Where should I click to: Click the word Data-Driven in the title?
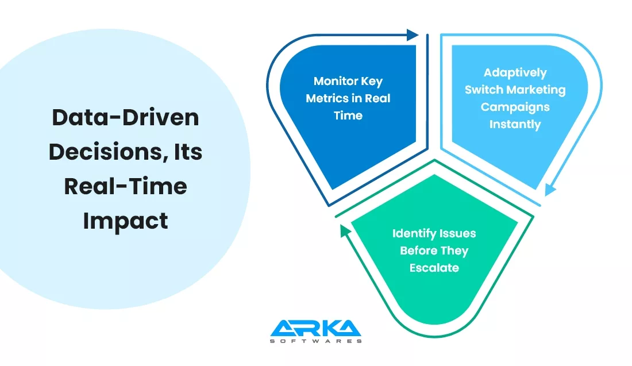coord(125,117)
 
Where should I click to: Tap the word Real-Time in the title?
coord(125,186)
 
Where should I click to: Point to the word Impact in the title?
coord(125,221)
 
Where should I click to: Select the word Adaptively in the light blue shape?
coord(515,73)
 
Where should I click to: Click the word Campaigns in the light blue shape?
coord(515,107)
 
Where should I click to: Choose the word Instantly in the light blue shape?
coord(515,124)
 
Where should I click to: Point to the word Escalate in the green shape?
coord(434,268)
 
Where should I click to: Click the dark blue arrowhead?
coord(413,35)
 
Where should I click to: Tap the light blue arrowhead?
coord(550,190)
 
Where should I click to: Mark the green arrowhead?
coord(345,231)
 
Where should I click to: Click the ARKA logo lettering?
coord(315,329)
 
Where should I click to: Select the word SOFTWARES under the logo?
coord(315,341)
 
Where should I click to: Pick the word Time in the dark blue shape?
coord(348,115)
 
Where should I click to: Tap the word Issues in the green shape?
coord(457,234)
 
